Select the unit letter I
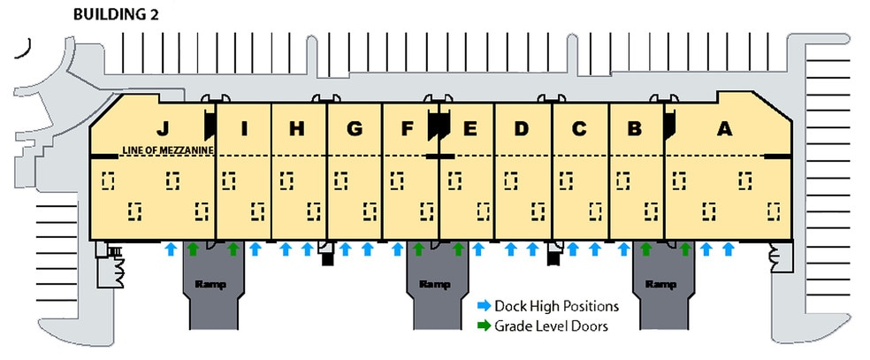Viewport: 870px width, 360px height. click(x=244, y=129)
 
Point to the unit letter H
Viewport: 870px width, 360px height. click(x=297, y=129)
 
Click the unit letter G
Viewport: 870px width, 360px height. click(x=354, y=129)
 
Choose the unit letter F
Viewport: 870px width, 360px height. click(x=407, y=129)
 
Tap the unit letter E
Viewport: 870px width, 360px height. click(x=469, y=129)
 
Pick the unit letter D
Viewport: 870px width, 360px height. click(x=521, y=129)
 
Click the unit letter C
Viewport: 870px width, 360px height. click(x=579, y=129)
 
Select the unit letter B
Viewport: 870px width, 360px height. click(x=634, y=129)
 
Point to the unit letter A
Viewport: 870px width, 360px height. click(x=724, y=129)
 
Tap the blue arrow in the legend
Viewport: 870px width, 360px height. click(x=484, y=306)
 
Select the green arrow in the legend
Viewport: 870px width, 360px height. click(x=484, y=326)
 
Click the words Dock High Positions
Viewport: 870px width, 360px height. click(x=557, y=306)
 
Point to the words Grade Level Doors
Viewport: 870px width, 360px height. click(x=551, y=326)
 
